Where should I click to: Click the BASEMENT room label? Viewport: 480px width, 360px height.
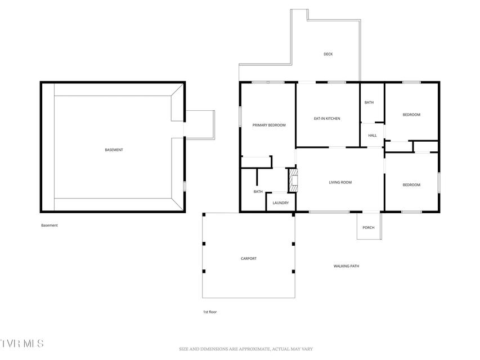click(x=114, y=150)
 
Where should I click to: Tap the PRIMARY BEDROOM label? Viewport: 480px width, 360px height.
click(x=269, y=125)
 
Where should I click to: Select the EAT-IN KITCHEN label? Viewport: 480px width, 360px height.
click(x=327, y=119)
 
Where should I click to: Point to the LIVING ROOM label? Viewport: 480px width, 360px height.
click(x=340, y=182)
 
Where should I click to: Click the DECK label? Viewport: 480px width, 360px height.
click(x=328, y=54)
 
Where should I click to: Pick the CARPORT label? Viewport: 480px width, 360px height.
click(x=249, y=259)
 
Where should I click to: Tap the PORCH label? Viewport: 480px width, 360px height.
click(x=368, y=228)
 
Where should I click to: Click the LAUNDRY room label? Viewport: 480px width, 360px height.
click(x=280, y=203)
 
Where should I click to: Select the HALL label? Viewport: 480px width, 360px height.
click(x=373, y=136)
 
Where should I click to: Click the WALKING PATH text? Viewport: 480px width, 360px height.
click(x=346, y=266)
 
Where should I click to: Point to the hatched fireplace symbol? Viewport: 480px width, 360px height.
click(x=293, y=181)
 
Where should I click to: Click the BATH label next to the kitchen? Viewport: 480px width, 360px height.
click(x=369, y=102)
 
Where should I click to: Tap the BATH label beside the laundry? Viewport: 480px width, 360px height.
click(x=258, y=192)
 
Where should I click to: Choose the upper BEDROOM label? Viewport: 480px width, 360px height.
click(x=411, y=115)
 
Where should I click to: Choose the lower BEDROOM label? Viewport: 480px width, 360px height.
click(x=411, y=185)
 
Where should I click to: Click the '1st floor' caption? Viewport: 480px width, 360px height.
click(x=210, y=312)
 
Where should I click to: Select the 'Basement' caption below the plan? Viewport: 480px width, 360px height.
click(x=50, y=226)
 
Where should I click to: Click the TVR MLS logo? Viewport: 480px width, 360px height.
click(x=22, y=344)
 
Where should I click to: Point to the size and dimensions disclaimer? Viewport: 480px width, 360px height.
click(x=246, y=349)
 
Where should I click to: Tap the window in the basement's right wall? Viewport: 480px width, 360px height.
click(x=185, y=186)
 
